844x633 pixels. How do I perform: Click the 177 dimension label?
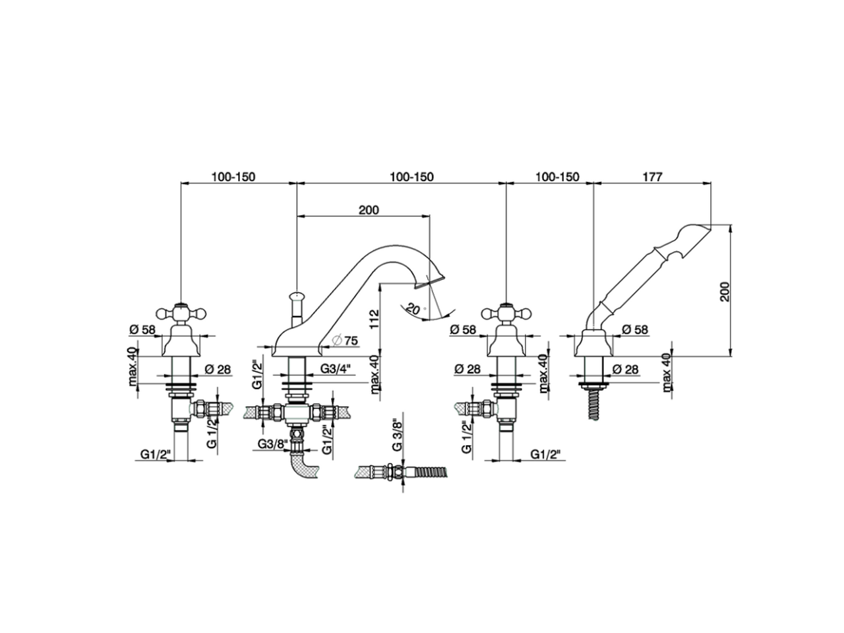[x=649, y=177]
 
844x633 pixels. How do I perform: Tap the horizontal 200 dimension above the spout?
[x=369, y=210]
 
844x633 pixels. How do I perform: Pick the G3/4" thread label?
[x=335, y=369]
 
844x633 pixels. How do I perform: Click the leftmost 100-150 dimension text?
[x=233, y=177]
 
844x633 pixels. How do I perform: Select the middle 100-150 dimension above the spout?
[x=411, y=177]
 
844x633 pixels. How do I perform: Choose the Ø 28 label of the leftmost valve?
[x=218, y=369]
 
